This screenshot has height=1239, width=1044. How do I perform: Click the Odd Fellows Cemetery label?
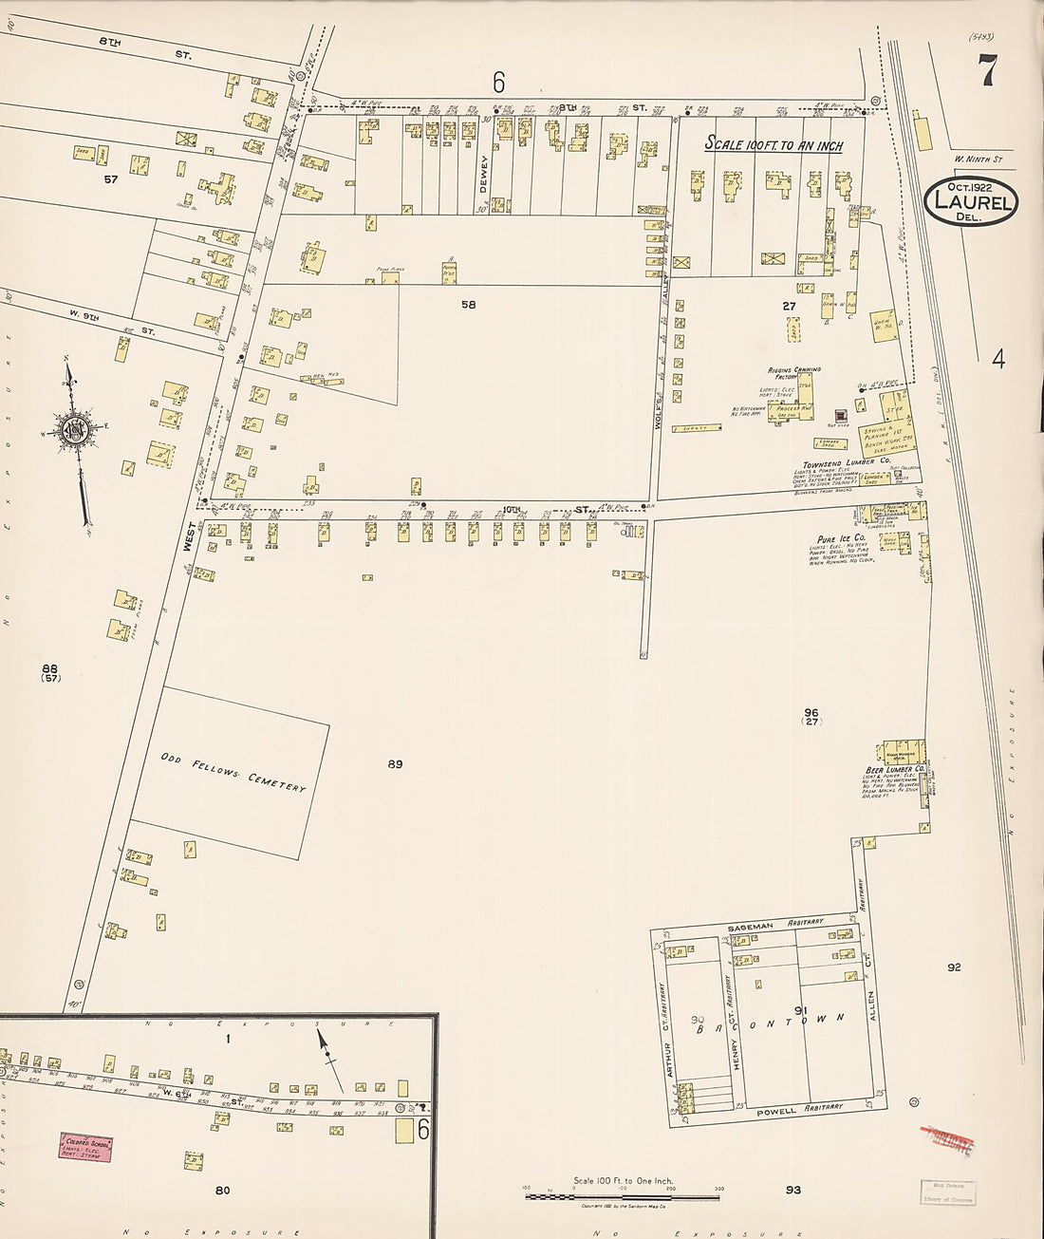point(233,772)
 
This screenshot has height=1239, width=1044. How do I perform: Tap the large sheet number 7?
point(989,72)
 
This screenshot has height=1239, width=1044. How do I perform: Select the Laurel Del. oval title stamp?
point(970,201)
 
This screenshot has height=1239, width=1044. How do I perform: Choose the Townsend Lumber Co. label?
point(847,461)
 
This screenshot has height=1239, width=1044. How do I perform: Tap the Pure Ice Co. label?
point(841,538)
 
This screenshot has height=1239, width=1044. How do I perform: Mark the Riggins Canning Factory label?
point(794,372)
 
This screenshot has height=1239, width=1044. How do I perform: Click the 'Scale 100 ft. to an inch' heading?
point(773,144)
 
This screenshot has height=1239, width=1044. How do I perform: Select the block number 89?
point(395,763)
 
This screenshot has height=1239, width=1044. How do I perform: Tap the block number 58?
point(468,305)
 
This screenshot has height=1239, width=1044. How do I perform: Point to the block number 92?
point(954,967)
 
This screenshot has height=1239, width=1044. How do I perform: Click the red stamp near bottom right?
point(947,1139)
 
